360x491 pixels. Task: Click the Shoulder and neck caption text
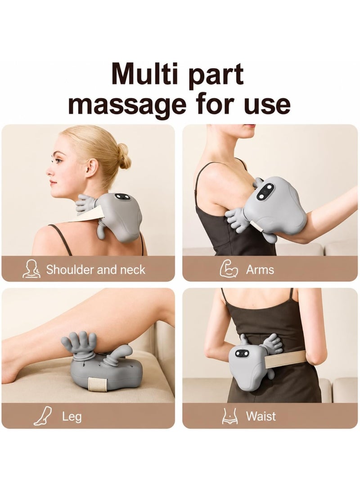pyautogui.click(x=96, y=270)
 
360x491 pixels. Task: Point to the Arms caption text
pyautogui.click(x=260, y=270)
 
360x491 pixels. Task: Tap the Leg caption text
pyautogui.click(x=72, y=416)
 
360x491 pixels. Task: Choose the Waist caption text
pyautogui.click(x=261, y=416)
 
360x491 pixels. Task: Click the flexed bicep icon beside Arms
pyautogui.click(x=229, y=269)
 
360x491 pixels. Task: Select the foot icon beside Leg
pyautogui.click(x=43, y=416)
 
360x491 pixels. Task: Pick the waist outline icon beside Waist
pyautogui.click(x=229, y=416)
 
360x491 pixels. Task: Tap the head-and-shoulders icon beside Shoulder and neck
pyautogui.click(x=31, y=269)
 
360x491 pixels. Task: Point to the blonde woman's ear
pyautogui.click(x=91, y=167)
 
